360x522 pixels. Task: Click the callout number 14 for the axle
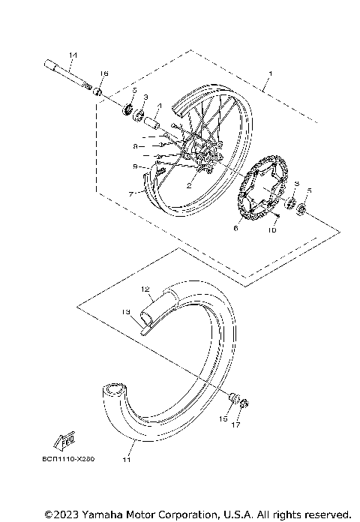[x=73, y=55]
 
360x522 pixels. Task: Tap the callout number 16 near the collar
[x=104, y=73]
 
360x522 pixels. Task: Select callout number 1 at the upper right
[x=271, y=75]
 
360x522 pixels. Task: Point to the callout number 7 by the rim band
[x=130, y=193]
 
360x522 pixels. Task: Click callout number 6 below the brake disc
[x=235, y=228]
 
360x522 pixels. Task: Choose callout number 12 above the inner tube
[x=146, y=288]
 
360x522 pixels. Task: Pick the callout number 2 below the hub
[x=190, y=183]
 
